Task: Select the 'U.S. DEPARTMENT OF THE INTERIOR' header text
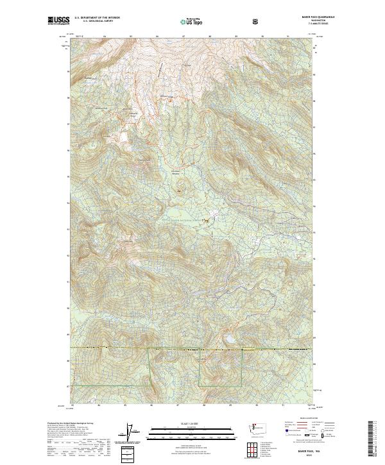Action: pos(97,18)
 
